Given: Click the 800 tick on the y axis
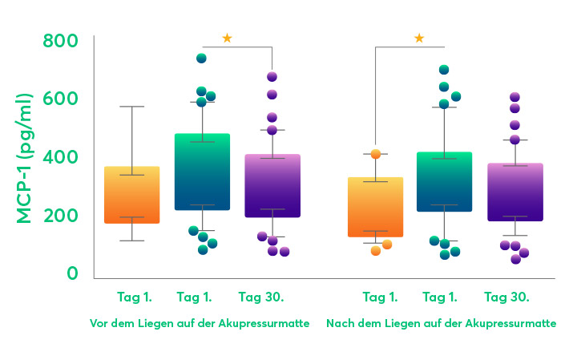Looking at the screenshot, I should point(61,40).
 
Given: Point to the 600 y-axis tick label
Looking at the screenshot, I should point(61,99).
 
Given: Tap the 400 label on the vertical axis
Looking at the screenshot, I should point(61,156).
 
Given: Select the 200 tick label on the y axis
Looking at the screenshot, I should point(61,215).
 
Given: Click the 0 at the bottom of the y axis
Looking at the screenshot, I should point(72,273).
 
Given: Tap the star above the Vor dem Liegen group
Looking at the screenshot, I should point(227,38).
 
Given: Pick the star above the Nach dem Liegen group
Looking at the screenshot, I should point(419,38).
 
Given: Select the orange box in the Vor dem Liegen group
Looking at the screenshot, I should point(132,195).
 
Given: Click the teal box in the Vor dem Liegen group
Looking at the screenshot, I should point(202,172).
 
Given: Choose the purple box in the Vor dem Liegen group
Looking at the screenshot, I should point(272,185).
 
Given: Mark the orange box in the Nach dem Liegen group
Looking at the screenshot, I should point(375,207).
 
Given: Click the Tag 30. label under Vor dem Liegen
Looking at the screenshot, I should point(261,297).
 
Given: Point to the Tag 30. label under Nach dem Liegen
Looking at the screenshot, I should point(506,297).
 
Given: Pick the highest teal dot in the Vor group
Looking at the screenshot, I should point(202,59).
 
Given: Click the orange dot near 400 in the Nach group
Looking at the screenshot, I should point(375,154).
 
